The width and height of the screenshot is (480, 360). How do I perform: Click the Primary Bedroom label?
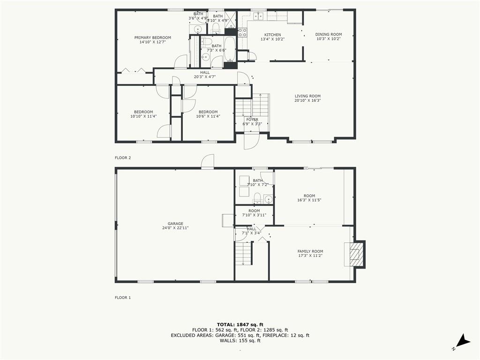pos(152,37)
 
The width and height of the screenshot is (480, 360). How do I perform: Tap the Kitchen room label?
pos(272,35)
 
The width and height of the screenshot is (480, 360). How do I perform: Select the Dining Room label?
pos(328,34)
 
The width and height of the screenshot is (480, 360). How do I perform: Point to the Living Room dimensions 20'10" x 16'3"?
pos(307,100)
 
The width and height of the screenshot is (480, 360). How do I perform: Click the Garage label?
pos(175,224)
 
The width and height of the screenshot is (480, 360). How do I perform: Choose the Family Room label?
pos(310,251)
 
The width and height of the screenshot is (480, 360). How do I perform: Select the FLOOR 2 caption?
pos(123,158)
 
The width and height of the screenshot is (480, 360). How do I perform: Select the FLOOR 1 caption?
pos(123,297)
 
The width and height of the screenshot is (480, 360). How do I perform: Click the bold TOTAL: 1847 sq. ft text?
pos(240,324)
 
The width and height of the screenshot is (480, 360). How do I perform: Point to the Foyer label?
pos(252,120)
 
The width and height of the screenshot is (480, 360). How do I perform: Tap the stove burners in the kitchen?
pos(242,32)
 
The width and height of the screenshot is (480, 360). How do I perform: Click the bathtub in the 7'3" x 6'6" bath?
pos(230,49)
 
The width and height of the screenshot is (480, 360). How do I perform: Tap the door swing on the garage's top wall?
pos(207,162)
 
